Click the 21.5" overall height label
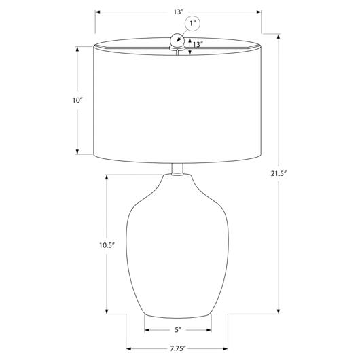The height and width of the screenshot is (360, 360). (279, 174)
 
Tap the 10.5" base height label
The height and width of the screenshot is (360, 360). (107, 245)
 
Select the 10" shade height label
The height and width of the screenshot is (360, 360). (77, 101)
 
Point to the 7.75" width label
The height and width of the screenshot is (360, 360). (178, 349)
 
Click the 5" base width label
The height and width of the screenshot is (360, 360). (178, 330)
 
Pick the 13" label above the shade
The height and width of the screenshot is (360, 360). (178, 12)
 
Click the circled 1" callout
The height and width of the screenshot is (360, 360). (192, 23)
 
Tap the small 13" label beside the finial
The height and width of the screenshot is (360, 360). (198, 44)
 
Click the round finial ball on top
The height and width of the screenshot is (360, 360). (177, 41)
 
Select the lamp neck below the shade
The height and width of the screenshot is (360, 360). (177, 169)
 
